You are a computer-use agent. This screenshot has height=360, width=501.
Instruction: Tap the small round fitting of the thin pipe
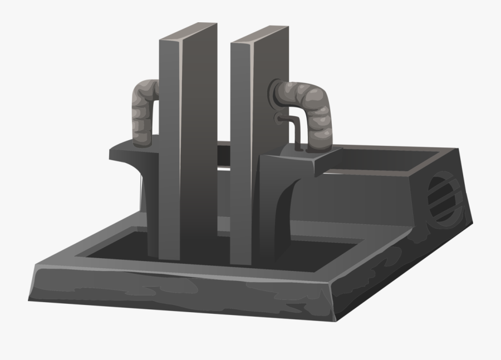pyautogui.click(x=277, y=117)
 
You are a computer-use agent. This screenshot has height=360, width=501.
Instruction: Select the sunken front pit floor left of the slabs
pyautogui.click(x=117, y=250)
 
